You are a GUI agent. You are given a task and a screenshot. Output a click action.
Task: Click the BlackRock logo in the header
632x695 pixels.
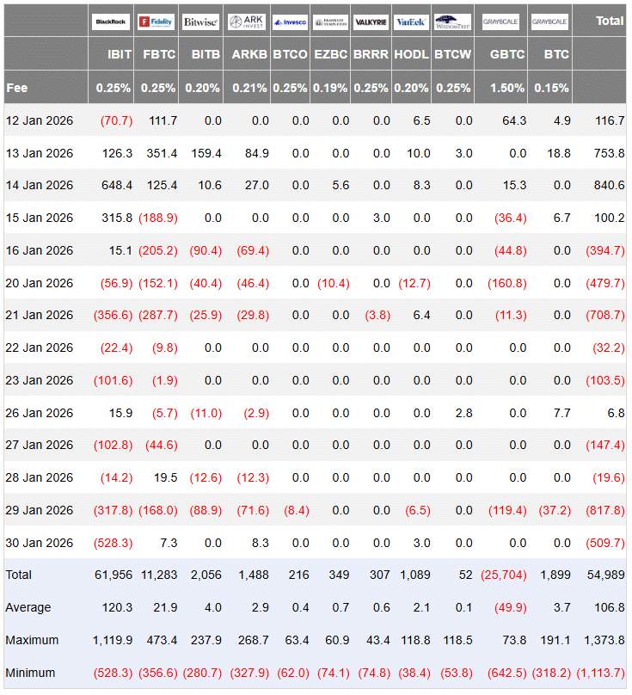[111, 22]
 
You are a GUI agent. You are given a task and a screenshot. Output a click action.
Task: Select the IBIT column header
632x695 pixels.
[120, 54]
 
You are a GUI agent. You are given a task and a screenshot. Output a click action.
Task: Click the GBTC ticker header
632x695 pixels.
[508, 54]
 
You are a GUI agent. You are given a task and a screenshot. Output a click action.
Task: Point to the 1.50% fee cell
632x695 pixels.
[508, 88]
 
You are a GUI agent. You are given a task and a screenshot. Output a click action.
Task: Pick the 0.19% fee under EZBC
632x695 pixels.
[331, 88]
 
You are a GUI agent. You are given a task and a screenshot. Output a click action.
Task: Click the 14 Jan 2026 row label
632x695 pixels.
[39, 186]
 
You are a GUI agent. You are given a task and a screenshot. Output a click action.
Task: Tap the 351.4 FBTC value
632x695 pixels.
[161, 153]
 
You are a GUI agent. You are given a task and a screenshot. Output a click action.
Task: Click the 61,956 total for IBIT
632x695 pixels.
[114, 575]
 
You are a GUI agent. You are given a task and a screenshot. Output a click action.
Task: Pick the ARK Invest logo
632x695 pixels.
[247, 22]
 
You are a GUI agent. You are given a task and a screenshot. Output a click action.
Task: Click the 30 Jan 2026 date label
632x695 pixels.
[39, 543]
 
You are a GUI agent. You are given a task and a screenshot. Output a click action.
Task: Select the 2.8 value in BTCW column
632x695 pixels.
[463, 413]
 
